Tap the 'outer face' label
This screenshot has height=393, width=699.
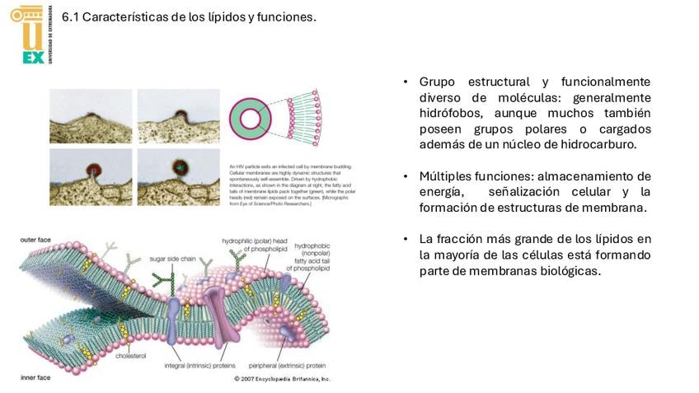point(35,240)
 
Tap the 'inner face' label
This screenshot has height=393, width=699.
point(35,377)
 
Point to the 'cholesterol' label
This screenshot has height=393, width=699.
point(130,357)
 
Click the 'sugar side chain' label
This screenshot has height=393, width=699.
point(171,258)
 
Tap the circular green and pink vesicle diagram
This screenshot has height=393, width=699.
point(251,118)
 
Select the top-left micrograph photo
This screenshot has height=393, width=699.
point(91,116)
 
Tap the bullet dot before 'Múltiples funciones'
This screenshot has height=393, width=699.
point(406,176)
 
